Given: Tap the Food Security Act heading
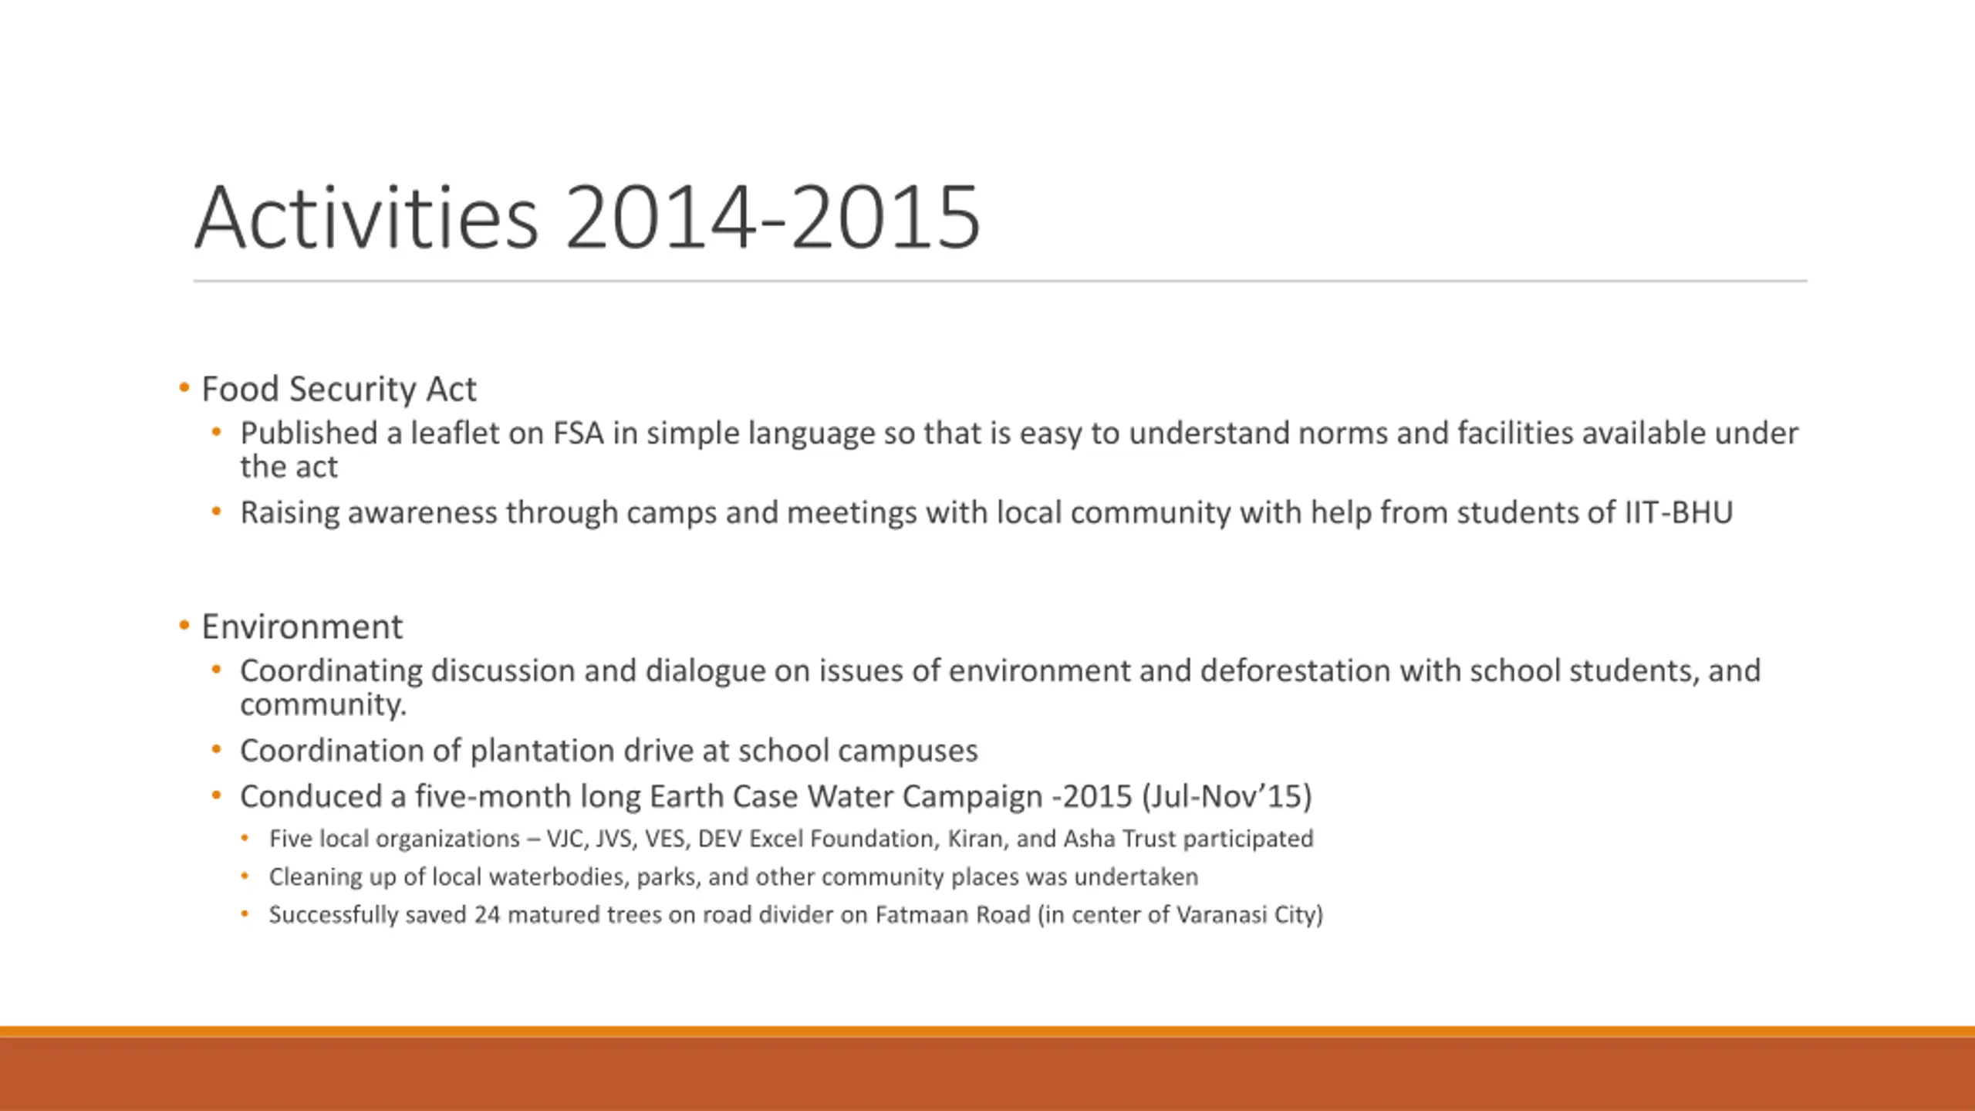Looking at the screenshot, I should point(339,389).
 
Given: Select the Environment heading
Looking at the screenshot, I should point(302,626).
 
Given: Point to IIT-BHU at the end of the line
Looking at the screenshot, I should point(1679,513).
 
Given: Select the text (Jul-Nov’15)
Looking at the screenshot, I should point(1227,796).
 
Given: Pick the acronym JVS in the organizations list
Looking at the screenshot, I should point(615,839).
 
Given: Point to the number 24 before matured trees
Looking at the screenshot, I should point(488,915).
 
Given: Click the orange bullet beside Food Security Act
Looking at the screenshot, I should point(184,388).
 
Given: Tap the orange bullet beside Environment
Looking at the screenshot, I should point(184,626).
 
